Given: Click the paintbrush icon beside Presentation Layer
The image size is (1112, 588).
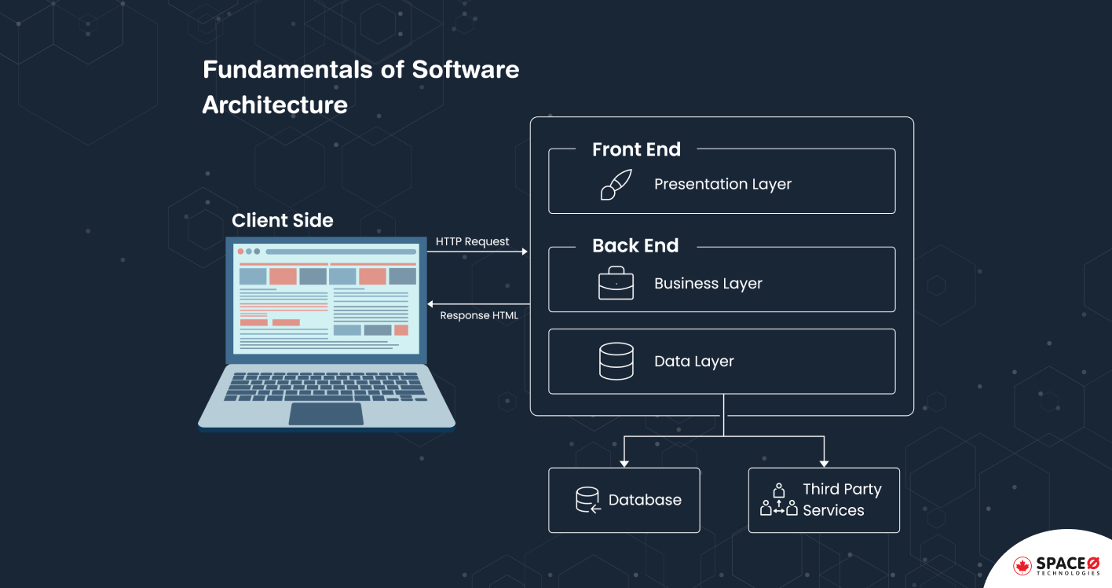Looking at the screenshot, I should [616, 185].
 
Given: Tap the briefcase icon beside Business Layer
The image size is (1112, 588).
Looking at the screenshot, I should [616, 283].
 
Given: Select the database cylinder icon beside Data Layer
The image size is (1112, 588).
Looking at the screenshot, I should [616, 362].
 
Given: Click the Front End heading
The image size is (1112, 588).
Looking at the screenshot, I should [636, 149].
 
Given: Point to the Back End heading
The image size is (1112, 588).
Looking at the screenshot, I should [635, 246].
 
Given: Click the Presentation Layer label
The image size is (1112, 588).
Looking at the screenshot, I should [722, 185].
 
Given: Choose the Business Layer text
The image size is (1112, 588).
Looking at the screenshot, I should [708, 284].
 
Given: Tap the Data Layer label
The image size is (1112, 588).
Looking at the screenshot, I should [693, 362].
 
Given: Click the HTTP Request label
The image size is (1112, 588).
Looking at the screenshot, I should [473, 241].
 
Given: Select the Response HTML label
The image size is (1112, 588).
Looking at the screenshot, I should [479, 315].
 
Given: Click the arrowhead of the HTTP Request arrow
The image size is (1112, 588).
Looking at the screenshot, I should [525, 252].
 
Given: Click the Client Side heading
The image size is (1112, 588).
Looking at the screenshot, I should [282, 220].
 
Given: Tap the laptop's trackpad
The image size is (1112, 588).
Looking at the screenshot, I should [326, 413].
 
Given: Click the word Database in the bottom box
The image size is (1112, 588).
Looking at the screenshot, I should [645, 500].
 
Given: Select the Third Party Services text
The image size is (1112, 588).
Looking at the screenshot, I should [841, 500].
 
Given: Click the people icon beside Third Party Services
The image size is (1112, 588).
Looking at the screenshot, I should [778, 500].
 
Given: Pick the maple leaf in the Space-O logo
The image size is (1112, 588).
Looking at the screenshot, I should [1022, 565].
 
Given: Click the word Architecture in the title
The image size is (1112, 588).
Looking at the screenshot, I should [275, 105].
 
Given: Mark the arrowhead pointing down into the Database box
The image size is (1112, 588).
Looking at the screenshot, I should [624, 463].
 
